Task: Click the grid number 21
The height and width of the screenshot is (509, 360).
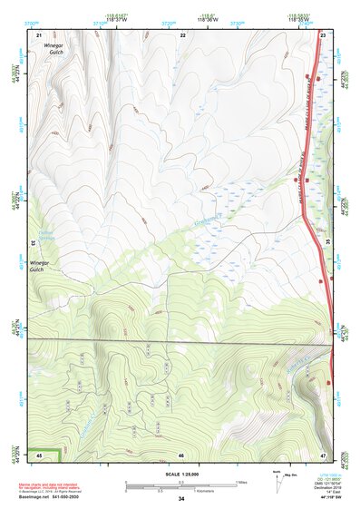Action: [x=39, y=34]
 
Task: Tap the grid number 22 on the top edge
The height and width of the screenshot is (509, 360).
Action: [x=182, y=34]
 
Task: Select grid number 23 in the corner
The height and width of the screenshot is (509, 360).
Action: [x=324, y=34]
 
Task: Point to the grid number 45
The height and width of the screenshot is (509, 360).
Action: [x=39, y=454]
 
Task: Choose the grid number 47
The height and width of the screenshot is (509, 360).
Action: [x=324, y=454]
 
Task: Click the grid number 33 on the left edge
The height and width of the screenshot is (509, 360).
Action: [x=33, y=243]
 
